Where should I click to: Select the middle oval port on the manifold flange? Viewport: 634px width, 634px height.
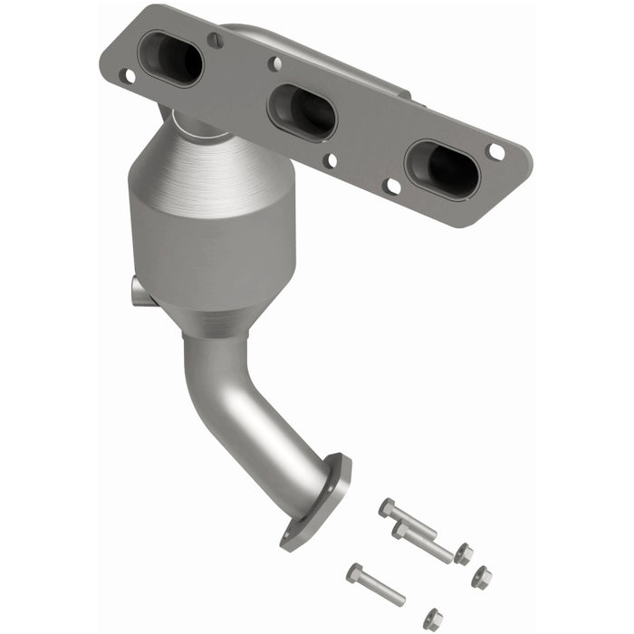[303, 111]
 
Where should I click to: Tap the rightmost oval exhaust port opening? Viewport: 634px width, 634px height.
[442, 168]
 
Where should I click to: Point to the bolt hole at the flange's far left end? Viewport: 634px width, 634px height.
[128, 75]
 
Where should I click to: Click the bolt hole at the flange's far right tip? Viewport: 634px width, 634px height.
[495, 151]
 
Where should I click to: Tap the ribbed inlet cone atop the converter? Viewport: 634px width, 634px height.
[217, 163]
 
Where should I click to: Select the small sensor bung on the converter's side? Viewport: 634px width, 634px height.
[139, 291]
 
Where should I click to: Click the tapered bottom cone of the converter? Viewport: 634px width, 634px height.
[226, 317]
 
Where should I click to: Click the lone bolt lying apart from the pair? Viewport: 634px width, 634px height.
[376, 585]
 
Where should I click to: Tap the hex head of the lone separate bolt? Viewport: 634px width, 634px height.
[353, 572]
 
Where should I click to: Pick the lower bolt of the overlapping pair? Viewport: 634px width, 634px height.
[424, 543]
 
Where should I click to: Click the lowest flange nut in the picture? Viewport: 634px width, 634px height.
[433, 619]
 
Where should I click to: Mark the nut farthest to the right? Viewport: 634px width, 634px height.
[482, 576]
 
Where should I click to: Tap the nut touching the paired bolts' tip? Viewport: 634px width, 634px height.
[464, 552]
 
